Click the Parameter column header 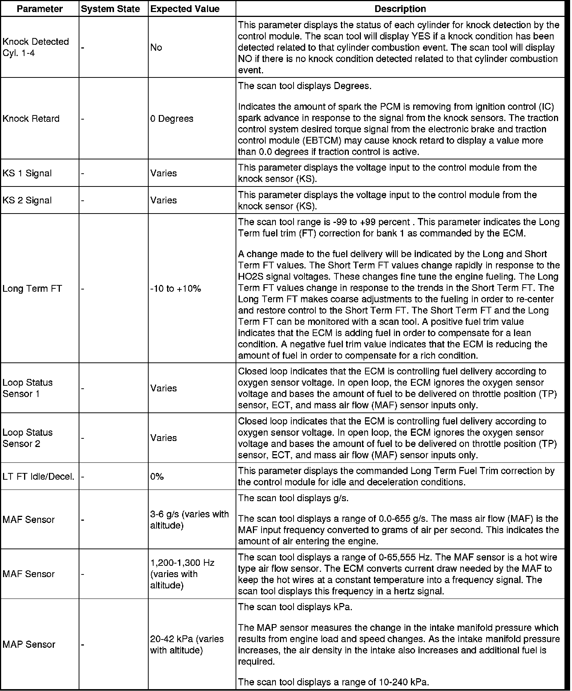pyautogui.click(x=40, y=9)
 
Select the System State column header pyautogui.click(x=110, y=9)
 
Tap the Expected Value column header pyautogui.click(x=185, y=9)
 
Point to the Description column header pyautogui.click(x=400, y=9)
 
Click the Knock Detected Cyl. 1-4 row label pyautogui.click(x=36, y=47)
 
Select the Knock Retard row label pyautogui.click(x=31, y=118)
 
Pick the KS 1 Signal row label pyautogui.click(x=27, y=173)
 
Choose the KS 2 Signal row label pyautogui.click(x=27, y=200)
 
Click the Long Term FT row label pyautogui.click(x=32, y=288)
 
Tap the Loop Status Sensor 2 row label pyautogui.click(x=27, y=438)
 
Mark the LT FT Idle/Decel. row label pyautogui.click(x=38, y=476)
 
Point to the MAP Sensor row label pyautogui.click(x=29, y=644)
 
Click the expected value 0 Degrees pyautogui.click(x=172, y=118)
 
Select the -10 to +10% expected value pyautogui.click(x=176, y=288)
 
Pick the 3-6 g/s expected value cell pyautogui.click(x=189, y=519)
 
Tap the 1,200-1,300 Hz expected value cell pyautogui.click(x=183, y=574)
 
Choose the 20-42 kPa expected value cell pyautogui.click(x=187, y=644)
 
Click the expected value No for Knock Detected pyautogui.click(x=156, y=47)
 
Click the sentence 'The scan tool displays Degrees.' pyautogui.click(x=305, y=86)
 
